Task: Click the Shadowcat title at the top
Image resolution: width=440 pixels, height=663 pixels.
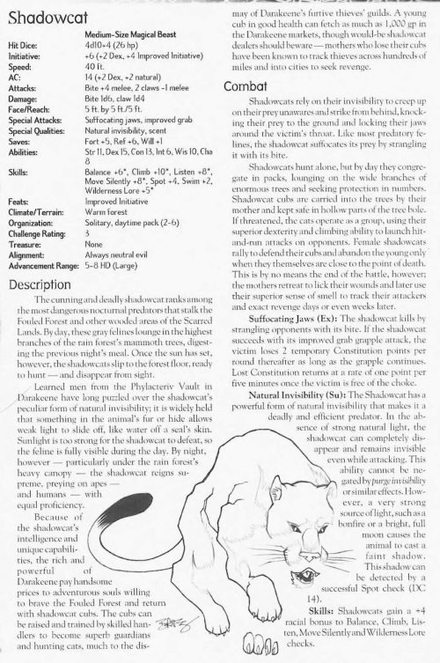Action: [44, 15]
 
